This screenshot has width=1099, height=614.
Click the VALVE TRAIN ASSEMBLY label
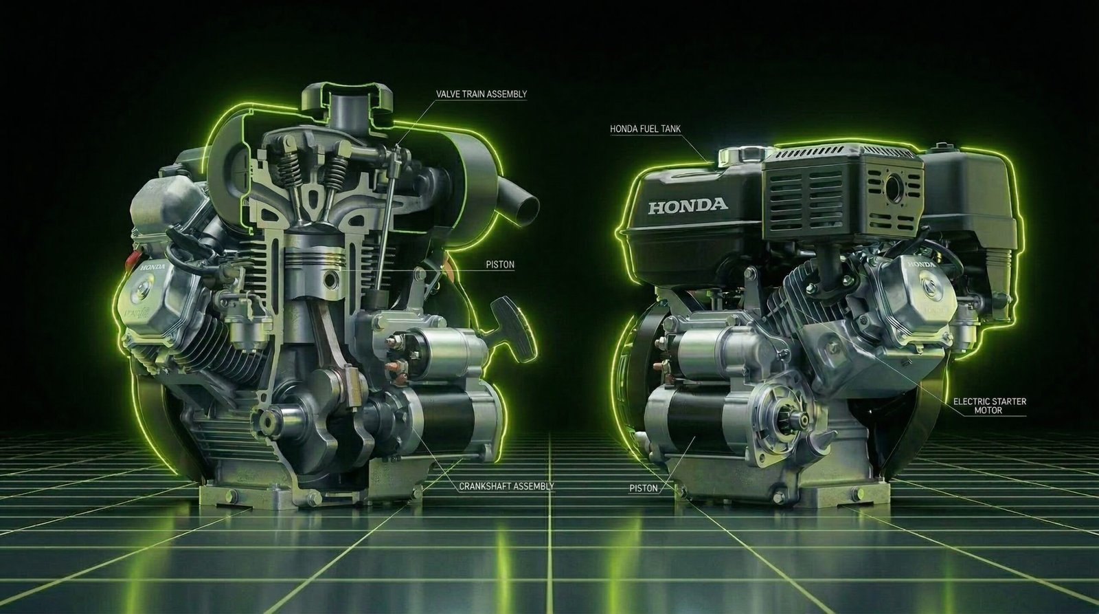pos(481,94)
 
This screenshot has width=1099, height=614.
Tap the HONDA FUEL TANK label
pos(646,129)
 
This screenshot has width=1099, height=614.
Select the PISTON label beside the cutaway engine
pos(499,265)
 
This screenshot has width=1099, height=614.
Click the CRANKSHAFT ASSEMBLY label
pos(506,486)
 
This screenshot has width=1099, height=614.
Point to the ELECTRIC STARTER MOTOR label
pos(988,406)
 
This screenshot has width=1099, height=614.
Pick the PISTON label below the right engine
pos(644,488)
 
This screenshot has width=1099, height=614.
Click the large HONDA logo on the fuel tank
pos(687,205)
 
